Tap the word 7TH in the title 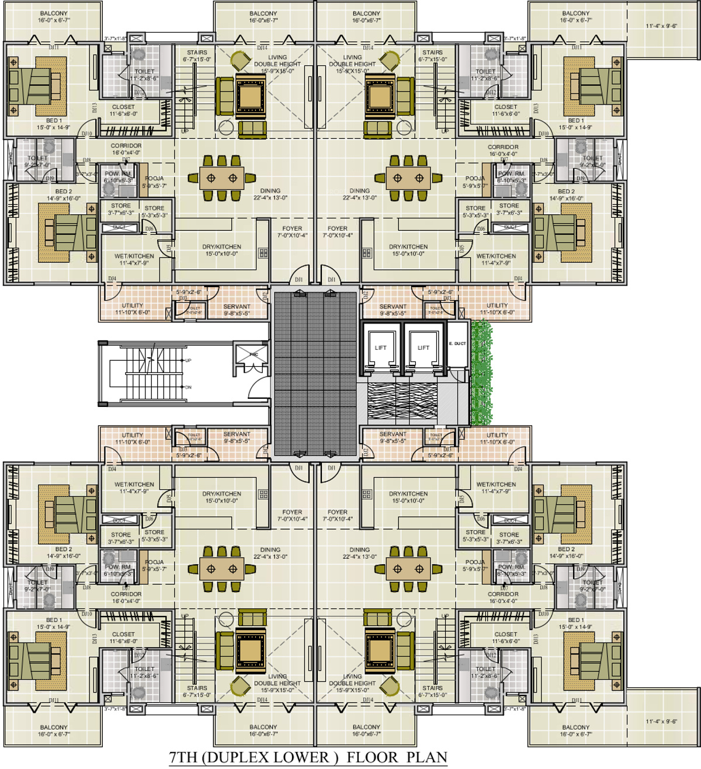click(182, 757)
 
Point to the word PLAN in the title click(427, 757)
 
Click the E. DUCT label click(457, 344)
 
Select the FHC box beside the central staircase click(254, 354)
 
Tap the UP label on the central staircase click(188, 361)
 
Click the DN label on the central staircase click(188, 387)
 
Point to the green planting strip click(481, 374)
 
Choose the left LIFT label click(380, 348)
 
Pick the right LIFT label click(424, 348)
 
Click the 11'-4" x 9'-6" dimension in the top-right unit click(661, 26)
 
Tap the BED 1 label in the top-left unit click(54, 121)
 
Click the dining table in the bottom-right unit click(408, 569)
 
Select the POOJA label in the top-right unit click(475, 179)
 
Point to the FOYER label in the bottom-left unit click(292, 512)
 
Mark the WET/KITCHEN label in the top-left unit click(134, 256)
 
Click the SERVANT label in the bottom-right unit click(393, 434)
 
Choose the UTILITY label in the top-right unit click(497, 305)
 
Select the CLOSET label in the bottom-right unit click(505, 634)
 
